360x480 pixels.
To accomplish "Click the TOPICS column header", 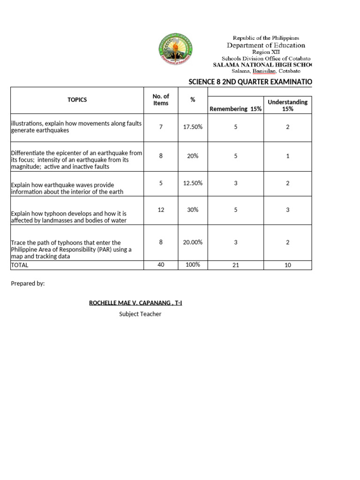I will click(77, 100).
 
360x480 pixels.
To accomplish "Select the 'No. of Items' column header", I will click(161, 100).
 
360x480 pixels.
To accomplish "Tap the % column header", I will click(192, 100).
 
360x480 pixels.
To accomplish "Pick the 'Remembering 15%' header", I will click(236, 109).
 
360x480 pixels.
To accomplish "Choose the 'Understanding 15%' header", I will click(287, 105).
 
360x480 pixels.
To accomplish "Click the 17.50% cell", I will click(192, 127).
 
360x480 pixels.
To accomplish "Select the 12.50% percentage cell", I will click(192, 183).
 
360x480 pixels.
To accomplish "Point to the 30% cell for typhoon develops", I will click(192, 210).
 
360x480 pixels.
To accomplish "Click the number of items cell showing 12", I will click(161, 210).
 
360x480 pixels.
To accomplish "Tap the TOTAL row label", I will click(20, 265).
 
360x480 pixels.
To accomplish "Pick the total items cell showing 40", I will click(161, 265).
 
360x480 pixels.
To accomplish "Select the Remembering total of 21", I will click(236, 265).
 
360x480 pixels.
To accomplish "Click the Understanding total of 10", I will click(287, 265).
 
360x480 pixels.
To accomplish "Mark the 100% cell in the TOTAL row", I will click(192, 265).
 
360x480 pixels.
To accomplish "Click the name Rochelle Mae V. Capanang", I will click(135, 303).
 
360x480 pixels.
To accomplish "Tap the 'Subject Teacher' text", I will click(140, 314).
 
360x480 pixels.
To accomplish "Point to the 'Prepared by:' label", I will click(28, 284).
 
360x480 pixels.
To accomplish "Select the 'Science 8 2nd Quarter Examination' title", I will click(250, 82).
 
